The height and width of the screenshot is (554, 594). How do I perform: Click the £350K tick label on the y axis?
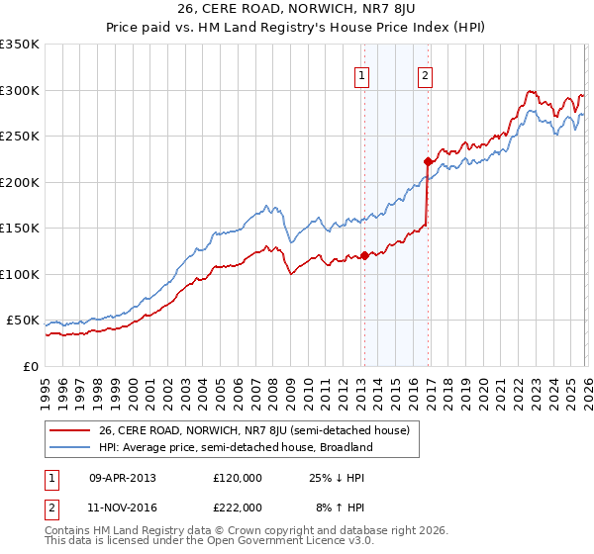pyautogui.click(x=20, y=45)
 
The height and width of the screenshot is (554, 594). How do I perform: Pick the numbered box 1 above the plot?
pyautogui.click(x=362, y=75)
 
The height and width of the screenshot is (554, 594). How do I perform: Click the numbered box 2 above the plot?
pyautogui.click(x=425, y=75)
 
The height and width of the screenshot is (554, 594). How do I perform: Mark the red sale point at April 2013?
pyautogui.click(x=364, y=255)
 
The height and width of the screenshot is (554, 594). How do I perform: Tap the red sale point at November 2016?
pyautogui.click(x=427, y=161)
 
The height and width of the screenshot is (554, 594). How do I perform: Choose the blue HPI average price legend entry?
pyautogui.click(x=235, y=447)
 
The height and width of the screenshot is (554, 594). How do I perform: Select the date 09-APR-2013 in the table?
pyautogui.click(x=123, y=477)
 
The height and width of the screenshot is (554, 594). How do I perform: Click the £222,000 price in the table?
pyautogui.click(x=238, y=507)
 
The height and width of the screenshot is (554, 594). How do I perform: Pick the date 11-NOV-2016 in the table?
pyautogui.click(x=123, y=507)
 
